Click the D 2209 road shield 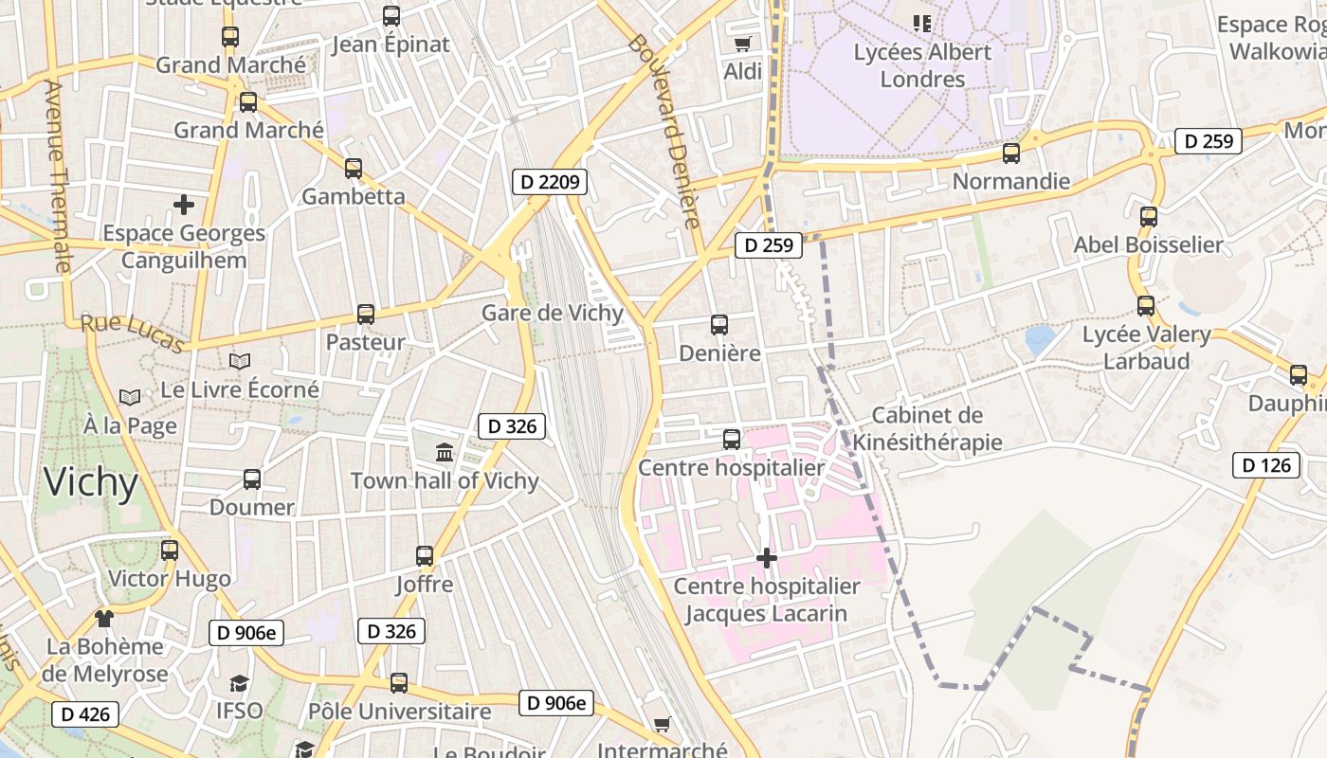551,182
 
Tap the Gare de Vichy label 553,314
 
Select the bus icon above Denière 719,325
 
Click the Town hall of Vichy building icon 445,452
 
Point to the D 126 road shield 1265,465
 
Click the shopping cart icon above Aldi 743,44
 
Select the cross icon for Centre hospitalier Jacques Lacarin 767,558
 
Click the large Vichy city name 91,482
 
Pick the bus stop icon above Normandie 1011,153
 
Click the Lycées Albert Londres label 922,65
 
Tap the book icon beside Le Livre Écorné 240,361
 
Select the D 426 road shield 85,714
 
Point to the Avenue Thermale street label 58,176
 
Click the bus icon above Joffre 425,556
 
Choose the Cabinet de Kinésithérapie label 927,428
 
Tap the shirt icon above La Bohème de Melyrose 104,619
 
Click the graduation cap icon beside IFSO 239,683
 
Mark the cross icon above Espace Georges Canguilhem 184,204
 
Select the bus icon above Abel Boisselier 1149,217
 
